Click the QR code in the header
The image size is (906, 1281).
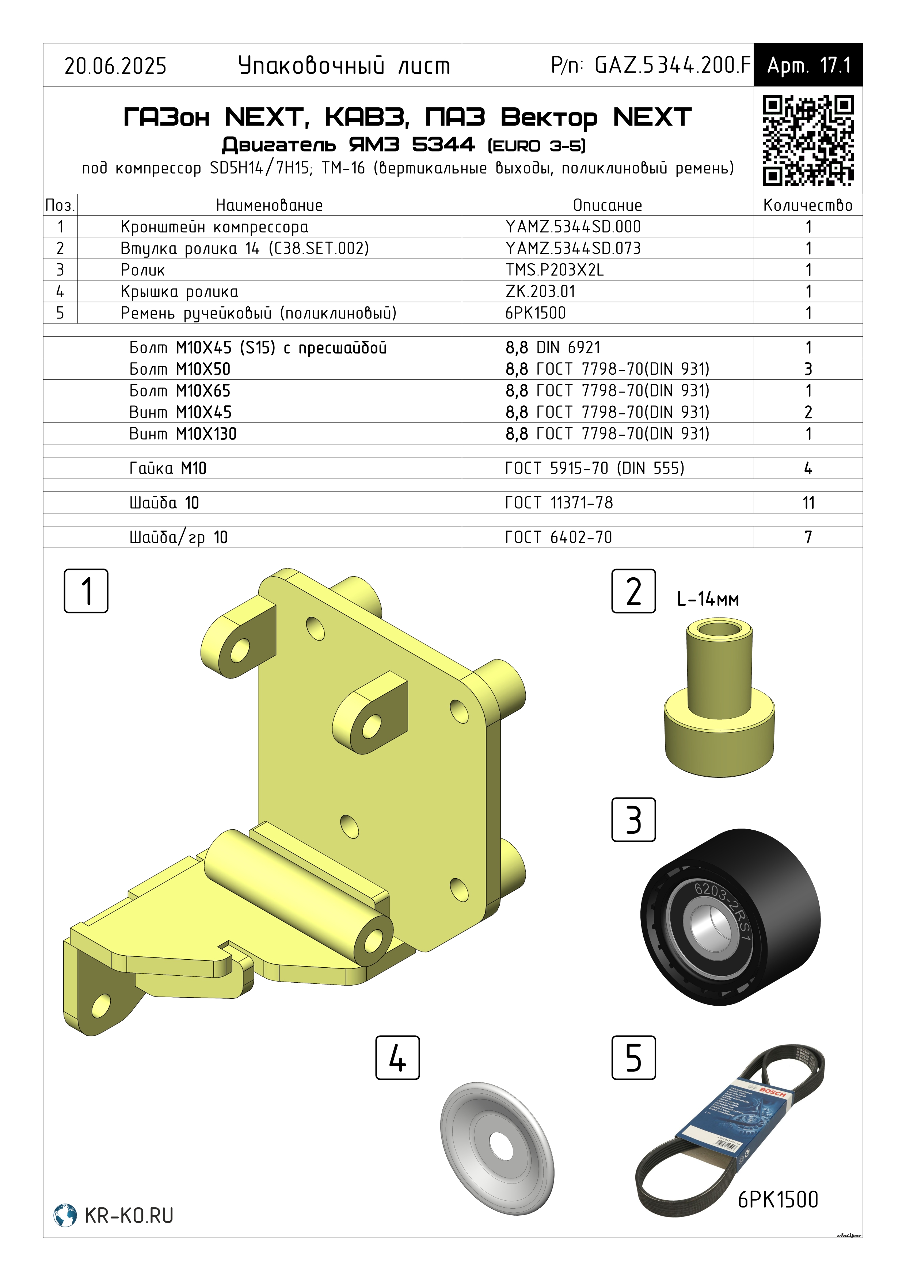(808, 140)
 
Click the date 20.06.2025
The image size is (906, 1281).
(115, 66)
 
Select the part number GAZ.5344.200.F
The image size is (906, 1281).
(673, 65)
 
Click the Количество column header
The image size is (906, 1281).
(808, 205)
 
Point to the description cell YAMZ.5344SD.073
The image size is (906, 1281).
(573, 248)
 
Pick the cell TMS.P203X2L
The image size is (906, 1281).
(555, 270)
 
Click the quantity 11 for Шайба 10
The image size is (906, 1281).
(808, 503)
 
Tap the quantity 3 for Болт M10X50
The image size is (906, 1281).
(808, 369)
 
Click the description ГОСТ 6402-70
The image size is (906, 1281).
(559, 537)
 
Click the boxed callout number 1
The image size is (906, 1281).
(86, 591)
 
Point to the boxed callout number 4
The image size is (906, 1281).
(397, 1058)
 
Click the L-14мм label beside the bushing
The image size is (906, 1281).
(708, 600)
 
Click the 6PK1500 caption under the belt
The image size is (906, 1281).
(778, 1199)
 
